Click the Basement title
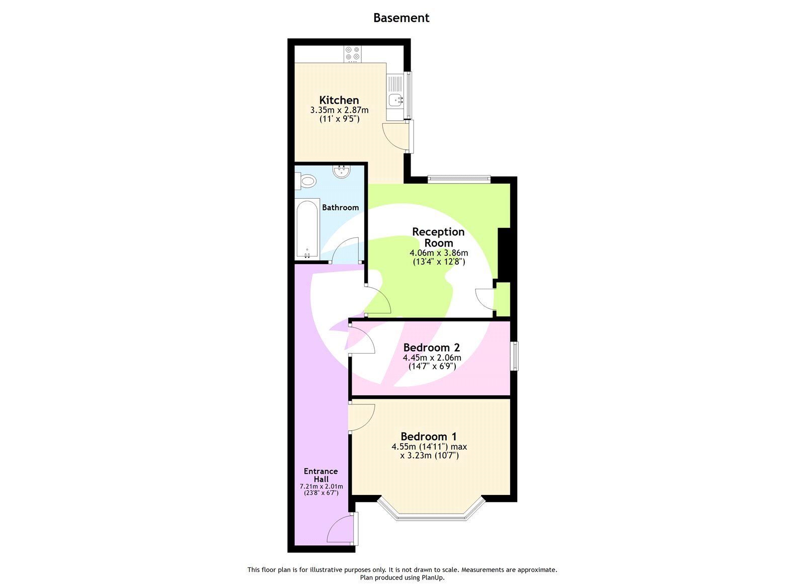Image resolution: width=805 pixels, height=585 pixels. click(401, 18)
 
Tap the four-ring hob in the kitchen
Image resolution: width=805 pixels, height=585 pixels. click(352, 54)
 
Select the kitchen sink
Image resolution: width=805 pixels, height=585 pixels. click(395, 100)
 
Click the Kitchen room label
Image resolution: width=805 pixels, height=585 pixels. click(339, 100)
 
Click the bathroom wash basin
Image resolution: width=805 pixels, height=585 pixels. click(342, 172)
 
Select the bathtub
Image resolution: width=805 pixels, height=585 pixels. click(307, 229)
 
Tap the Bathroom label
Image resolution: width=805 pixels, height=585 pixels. click(340, 207)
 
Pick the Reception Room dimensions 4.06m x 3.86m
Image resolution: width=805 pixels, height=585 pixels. click(438, 253)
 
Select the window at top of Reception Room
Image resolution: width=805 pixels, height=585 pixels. click(459, 178)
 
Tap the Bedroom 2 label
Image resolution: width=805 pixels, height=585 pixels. click(431, 348)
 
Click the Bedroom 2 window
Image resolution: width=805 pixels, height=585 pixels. click(514, 356)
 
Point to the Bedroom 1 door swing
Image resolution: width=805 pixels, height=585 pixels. click(360, 417)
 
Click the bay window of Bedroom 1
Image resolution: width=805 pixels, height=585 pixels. click(431, 515)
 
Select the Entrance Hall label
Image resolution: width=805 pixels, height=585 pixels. click(320, 475)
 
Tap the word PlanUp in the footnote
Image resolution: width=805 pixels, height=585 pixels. click(432, 578)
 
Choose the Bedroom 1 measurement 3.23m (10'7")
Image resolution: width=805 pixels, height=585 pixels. click(429, 456)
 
